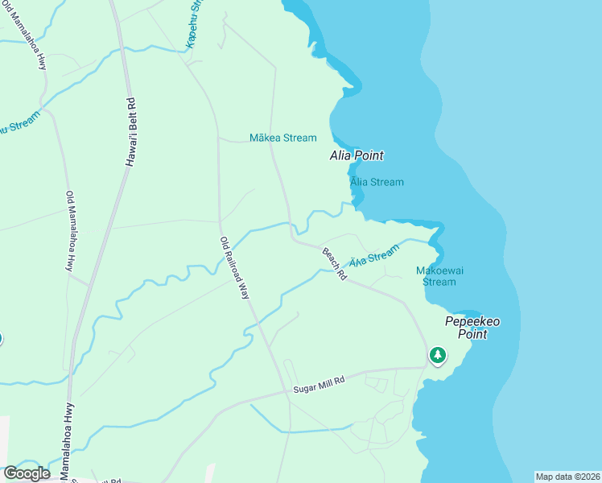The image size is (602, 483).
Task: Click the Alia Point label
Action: (357, 155)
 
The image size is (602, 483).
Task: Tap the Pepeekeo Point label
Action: (472, 328)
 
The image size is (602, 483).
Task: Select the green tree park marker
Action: (437, 355)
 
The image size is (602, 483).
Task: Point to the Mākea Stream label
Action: (282, 138)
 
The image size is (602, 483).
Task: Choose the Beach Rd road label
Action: (335, 263)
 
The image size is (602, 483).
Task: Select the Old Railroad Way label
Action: (234, 268)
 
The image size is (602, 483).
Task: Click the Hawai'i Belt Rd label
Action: (131, 132)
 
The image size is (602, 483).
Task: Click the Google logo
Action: (27, 473)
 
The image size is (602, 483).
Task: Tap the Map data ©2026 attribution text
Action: (567, 477)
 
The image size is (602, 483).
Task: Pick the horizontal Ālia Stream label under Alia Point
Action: (377, 182)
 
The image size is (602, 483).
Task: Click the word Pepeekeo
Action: (472, 321)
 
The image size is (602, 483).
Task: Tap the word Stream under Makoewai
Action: (439, 282)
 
